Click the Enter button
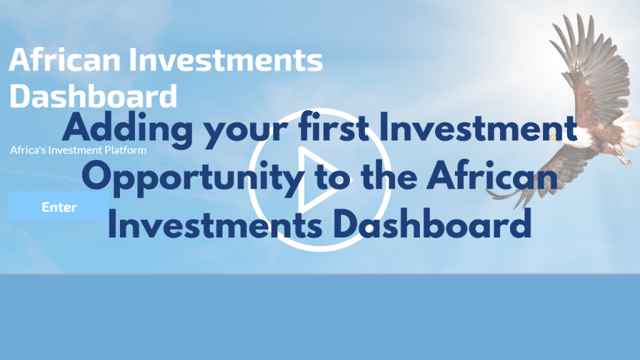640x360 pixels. click(x=59, y=206)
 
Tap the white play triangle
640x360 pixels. click(x=318, y=179)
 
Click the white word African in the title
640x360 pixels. click(x=64, y=59)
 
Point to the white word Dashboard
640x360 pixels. click(x=93, y=96)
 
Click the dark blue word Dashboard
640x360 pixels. click(x=432, y=224)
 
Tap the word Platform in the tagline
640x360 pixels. click(x=125, y=150)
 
